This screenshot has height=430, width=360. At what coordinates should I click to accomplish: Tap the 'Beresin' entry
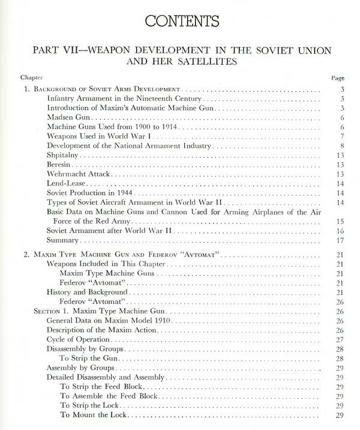(x=61, y=165)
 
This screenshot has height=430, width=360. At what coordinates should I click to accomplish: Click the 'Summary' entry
(x=62, y=240)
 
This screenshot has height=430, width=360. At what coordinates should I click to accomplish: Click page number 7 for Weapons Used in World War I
(x=341, y=137)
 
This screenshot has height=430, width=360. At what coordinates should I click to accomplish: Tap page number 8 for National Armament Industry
(x=341, y=147)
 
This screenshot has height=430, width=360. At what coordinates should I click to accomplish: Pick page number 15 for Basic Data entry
(x=339, y=220)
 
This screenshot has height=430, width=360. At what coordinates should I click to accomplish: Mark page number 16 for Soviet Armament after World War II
(x=339, y=230)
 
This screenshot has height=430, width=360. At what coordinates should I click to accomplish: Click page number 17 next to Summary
(x=339, y=240)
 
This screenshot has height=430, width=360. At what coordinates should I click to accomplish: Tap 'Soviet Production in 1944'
(x=91, y=193)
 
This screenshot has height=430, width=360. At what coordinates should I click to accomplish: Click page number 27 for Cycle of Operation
(x=339, y=339)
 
